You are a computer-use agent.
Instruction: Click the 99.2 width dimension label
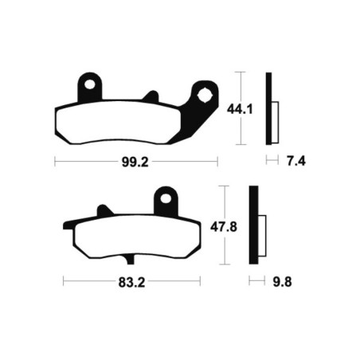coord(135,162)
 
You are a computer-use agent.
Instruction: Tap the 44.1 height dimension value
coord(240,109)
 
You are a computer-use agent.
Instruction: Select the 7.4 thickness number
coord(296,161)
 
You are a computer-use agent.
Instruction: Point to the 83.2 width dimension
coord(131,283)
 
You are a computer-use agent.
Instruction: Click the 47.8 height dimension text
coord(224,227)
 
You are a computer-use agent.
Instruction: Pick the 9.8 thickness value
coord(283,282)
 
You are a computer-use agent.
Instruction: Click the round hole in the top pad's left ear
coord(90,84)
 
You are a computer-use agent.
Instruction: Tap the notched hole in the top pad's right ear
coord(205,96)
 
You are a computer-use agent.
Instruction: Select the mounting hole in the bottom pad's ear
coord(166,198)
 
